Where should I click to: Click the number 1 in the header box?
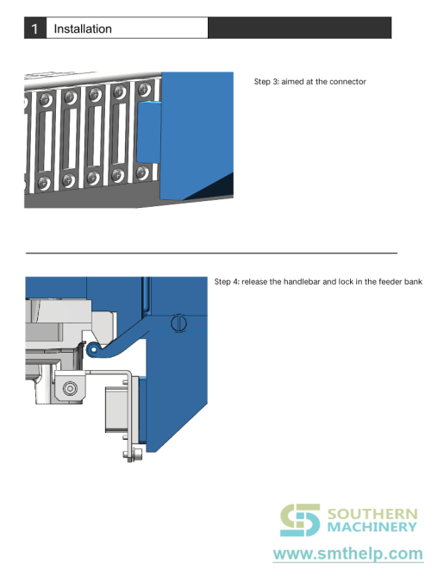point(34,28)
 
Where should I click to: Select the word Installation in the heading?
point(83,28)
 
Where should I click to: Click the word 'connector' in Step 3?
point(347,82)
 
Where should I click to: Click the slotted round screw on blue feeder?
point(179,323)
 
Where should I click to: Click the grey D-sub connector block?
point(116,407)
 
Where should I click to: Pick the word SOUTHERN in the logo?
point(371,514)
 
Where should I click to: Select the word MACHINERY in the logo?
point(371,528)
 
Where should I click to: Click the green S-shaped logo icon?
point(300,521)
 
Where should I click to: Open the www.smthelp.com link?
point(348,552)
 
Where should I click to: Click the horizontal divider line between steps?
point(211,253)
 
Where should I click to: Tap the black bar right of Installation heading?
point(299,28)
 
